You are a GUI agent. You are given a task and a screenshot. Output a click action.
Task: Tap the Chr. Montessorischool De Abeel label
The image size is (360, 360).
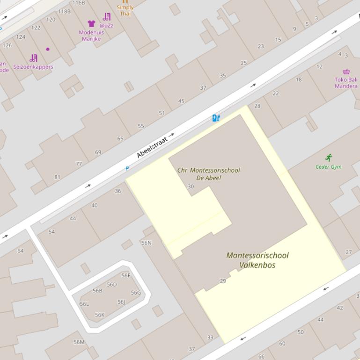tap(208, 174)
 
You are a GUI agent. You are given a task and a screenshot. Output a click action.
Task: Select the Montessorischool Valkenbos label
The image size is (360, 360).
tap(257, 260)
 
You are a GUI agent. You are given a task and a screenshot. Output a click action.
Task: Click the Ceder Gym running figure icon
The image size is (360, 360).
tap(329, 158)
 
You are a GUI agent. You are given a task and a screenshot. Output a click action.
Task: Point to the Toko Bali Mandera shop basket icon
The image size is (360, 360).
tap(346, 72)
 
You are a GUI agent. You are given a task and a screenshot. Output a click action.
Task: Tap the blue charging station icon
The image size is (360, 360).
tap(216, 118)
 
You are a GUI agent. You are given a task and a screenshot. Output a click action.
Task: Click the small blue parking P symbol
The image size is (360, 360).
tap(127, 168)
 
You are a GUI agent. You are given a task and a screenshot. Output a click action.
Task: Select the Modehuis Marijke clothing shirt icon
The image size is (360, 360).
tap(91, 23)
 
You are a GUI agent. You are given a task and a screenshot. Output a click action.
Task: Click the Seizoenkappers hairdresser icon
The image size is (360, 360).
tap(33, 58)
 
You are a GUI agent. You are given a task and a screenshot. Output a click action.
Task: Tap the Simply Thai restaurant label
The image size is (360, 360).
tap(125, 10)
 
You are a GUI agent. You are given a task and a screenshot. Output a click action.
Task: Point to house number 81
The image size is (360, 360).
tap(57, 177)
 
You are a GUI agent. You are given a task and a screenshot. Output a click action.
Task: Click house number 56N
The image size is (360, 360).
tap(147, 243)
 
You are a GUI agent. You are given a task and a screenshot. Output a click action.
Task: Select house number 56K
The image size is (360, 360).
tap(100, 315)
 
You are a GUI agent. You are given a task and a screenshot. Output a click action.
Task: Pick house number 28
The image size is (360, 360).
tap(257, 106)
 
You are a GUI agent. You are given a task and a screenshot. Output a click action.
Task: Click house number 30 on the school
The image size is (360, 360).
tap(191, 187)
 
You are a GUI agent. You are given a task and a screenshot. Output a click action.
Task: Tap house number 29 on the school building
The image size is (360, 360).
tap(223, 281)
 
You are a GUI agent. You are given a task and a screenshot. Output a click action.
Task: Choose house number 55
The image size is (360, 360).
tap(141, 126)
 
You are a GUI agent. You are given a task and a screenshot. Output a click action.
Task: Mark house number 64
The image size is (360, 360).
tap(21, 251)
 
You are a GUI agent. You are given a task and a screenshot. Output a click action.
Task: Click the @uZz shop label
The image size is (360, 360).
tap(106, 26)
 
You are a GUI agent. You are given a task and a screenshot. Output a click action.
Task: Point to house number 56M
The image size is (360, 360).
tap(79, 342)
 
